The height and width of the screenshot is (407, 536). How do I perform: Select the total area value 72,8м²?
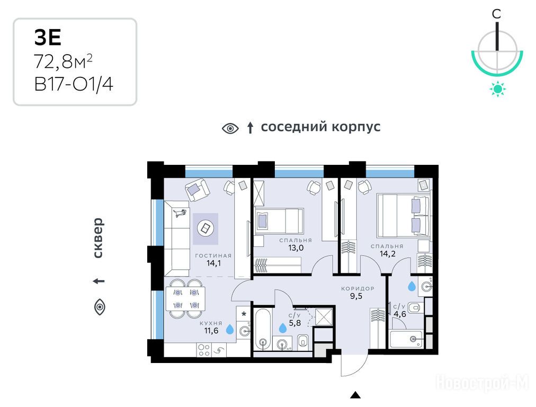click(63, 61)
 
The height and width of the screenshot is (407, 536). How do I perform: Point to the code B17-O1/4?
click(74, 84)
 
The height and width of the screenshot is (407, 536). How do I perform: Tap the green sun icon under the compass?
click(497, 89)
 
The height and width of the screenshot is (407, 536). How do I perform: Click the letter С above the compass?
click(496, 14)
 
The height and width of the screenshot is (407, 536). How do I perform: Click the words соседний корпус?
click(320, 127)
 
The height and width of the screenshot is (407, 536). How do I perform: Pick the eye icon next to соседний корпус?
click(230, 129)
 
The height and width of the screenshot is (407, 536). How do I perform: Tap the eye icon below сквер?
click(100, 307)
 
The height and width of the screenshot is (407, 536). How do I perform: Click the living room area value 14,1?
click(213, 263)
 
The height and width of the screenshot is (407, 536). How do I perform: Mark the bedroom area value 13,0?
click(296, 247)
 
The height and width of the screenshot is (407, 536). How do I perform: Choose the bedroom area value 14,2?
click(387, 253)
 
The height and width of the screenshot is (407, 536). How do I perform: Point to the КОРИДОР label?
click(358, 288)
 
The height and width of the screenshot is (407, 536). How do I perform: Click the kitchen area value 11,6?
click(211, 330)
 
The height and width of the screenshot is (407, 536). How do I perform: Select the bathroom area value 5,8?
click(294, 323)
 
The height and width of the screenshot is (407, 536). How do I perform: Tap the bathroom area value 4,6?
click(399, 314)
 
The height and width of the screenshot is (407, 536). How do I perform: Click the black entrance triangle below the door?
click(355, 395)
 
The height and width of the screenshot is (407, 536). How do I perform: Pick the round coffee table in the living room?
click(206, 228)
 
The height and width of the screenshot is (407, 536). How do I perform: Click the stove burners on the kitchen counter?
click(204, 350)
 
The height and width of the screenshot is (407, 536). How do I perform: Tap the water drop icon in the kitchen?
click(230, 329)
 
